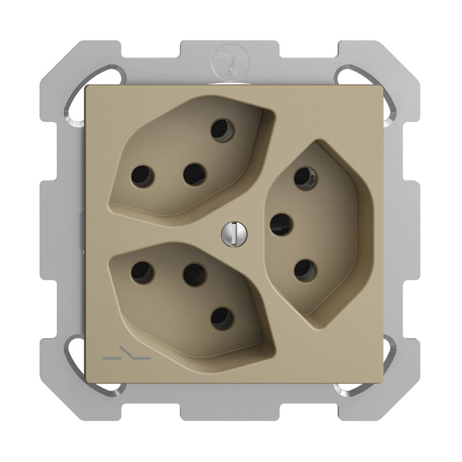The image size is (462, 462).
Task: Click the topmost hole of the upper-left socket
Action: tap(222, 130)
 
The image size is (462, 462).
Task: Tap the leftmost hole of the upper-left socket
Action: tap(142, 176)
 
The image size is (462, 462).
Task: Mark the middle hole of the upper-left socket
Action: tap(195, 175)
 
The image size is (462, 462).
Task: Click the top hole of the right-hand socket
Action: tap(305, 178)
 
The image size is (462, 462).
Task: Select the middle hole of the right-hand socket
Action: tap(281, 224)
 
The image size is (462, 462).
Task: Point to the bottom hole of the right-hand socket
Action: tap(305, 270)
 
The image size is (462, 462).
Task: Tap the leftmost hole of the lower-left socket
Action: tap(142, 273)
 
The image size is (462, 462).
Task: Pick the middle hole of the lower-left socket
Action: tap(195, 274)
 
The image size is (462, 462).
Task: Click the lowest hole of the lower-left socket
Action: tap(222, 318)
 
